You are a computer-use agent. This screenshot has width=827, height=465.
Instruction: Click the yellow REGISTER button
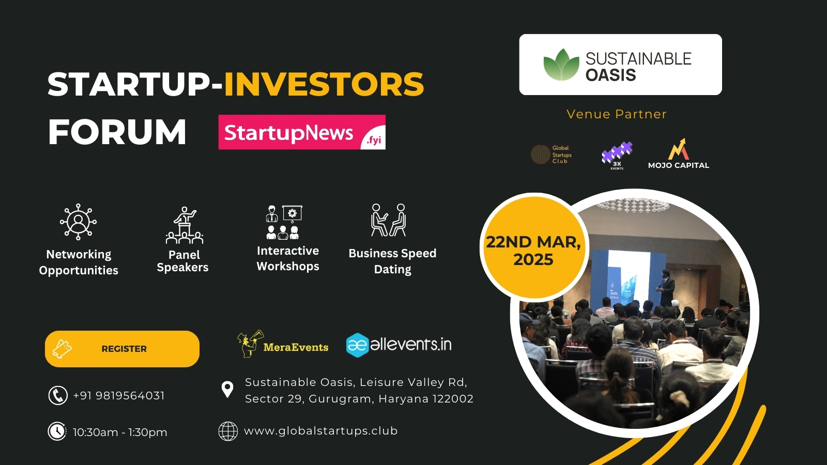pos(122,349)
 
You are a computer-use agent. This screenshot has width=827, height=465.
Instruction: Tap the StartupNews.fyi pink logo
pos(302,132)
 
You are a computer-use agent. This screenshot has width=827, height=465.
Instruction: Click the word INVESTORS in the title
pos(324,84)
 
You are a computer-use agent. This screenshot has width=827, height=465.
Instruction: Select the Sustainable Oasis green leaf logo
pos(561,65)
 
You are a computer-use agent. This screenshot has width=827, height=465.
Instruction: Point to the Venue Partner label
pos(617,114)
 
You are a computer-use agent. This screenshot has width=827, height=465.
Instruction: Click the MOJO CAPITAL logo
pos(679,154)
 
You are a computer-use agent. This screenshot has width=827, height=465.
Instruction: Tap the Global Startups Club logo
pos(552,154)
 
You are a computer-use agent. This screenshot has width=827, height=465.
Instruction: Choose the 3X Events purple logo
pos(617,154)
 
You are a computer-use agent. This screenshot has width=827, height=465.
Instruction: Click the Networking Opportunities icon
pos(78,222)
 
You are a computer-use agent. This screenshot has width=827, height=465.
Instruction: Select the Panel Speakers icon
pos(185,225)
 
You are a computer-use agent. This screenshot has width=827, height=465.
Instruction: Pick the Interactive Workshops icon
pos(284,222)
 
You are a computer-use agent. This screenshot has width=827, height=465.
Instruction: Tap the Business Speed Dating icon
pos(389,220)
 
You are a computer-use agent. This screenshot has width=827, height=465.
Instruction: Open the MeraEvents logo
pos(283,344)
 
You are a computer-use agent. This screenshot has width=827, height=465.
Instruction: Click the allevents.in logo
pos(399,345)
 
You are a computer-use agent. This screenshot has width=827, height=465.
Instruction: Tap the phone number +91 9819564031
pos(119,395)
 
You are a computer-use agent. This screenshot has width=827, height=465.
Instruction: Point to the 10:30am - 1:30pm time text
pos(120,432)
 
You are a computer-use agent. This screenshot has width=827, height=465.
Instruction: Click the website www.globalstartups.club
pos(320,431)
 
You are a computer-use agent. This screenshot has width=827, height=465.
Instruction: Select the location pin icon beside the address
pos(227,390)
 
